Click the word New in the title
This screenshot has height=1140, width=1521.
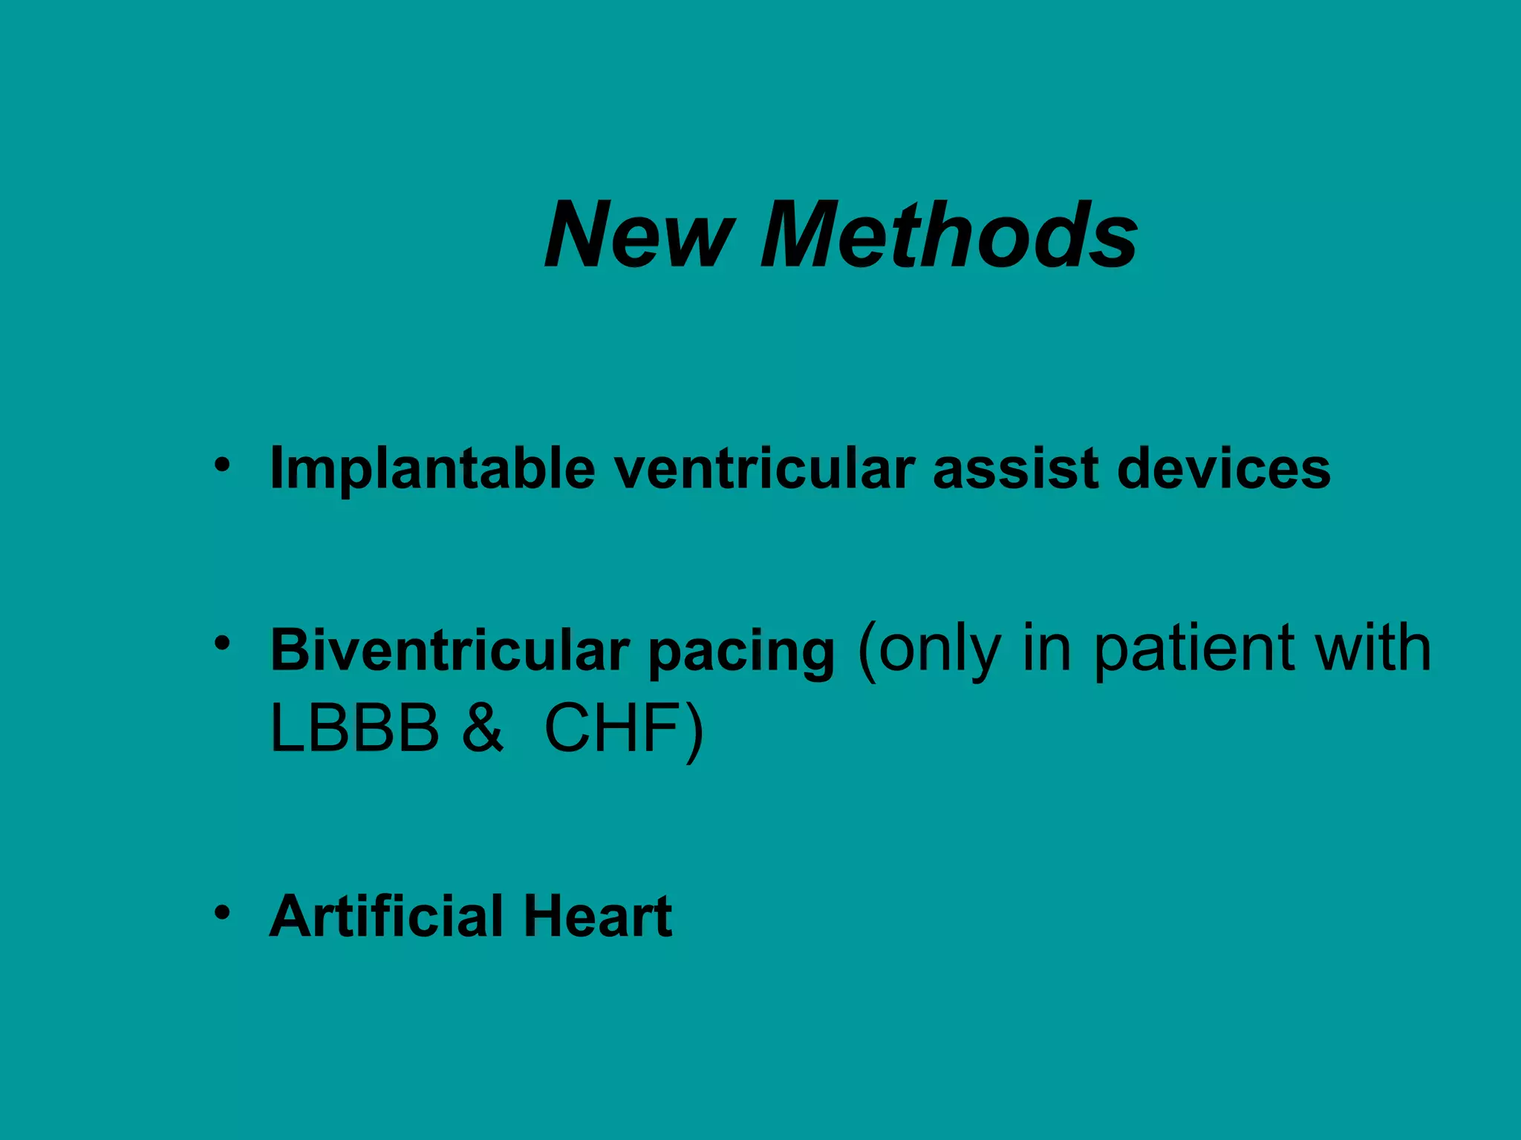click(x=639, y=235)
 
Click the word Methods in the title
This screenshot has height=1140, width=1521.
click(x=948, y=235)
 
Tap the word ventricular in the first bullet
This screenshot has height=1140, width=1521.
click(x=764, y=469)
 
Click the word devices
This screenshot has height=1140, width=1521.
click(x=1224, y=469)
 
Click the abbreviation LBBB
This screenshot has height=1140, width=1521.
click(x=355, y=729)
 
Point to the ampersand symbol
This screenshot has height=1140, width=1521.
click(x=482, y=729)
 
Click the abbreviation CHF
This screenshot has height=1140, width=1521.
click(x=613, y=729)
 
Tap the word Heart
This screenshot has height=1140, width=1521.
click(x=598, y=916)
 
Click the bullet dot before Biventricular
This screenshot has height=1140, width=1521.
click(x=222, y=643)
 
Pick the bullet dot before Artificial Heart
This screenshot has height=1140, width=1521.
click(x=222, y=912)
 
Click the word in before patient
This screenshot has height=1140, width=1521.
click(x=1046, y=649)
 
